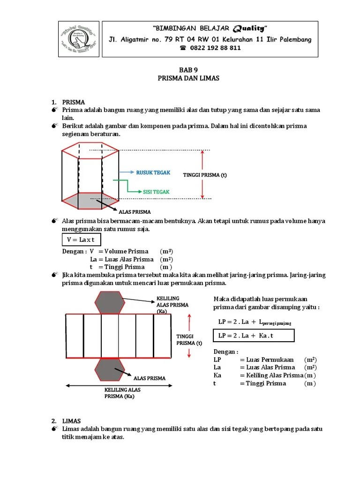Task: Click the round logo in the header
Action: coord(79,39)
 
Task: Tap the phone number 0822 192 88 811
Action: coord(210,48)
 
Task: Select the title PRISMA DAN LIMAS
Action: coord(188,78)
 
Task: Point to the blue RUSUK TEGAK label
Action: coord(153,172)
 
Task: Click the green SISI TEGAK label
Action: coord(156,192)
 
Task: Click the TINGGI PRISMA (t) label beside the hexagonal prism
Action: coord(205,175)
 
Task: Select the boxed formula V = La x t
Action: coord(81,240)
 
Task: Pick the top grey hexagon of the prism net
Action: coord(109,302)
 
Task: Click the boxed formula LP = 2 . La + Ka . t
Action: coord(254,336)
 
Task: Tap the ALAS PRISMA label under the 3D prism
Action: coord(135,212)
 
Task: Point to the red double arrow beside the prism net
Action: coord(189,336)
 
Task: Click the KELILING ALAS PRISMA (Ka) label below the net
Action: coord(122,393)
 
